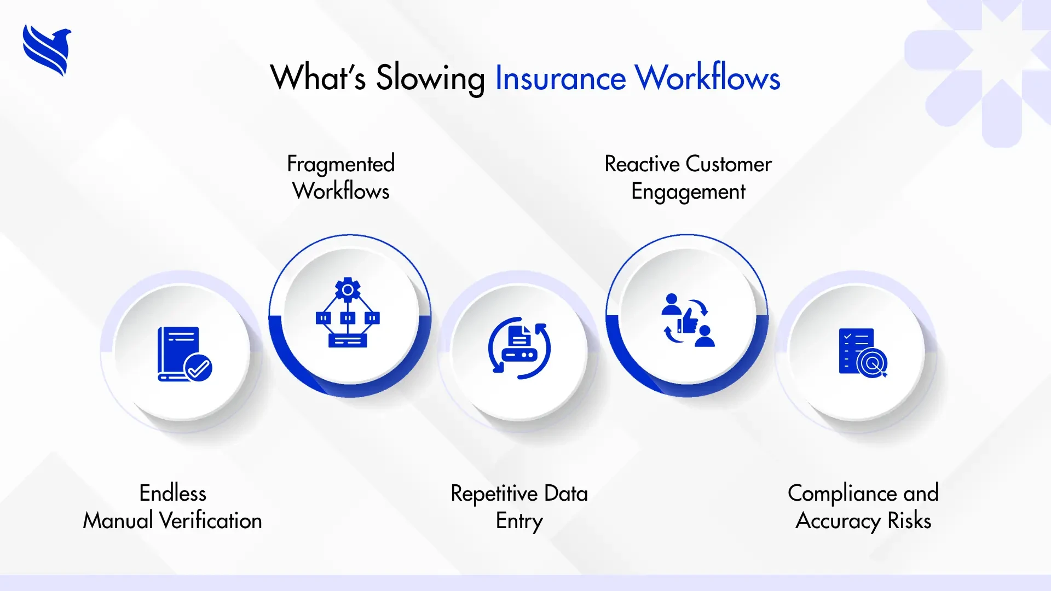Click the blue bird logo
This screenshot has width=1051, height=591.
(47, 50)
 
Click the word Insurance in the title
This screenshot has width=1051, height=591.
(560, 78)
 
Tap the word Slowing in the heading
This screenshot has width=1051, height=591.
(430, 78)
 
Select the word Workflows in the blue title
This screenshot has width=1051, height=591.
(707, 78)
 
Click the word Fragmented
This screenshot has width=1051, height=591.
(340, 164)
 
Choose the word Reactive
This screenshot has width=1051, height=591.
(642, 164)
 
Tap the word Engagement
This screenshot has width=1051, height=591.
(688, 192)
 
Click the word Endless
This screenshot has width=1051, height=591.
(172, 493)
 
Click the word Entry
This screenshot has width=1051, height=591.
(519, 521)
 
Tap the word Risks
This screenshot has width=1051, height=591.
(909, 520)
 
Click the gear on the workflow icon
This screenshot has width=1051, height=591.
(348, 289)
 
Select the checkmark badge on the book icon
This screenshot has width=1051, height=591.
(198, 368)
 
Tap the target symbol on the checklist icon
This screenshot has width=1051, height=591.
(873, 363)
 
